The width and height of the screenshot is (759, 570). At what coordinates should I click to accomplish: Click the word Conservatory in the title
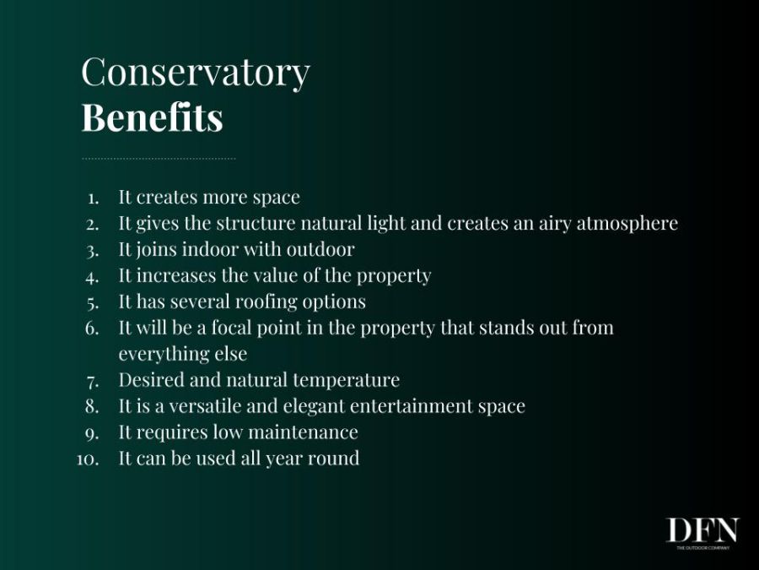pyautogui.click(x=196, y=73)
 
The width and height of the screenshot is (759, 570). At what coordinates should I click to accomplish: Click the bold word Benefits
pyautogui.click(x=153, y=117)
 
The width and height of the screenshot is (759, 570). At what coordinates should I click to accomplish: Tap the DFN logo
pyautogui.click(x=702, y=533)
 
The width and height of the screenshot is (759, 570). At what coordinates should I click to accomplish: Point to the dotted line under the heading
pyautogui.click(x=159, y=159)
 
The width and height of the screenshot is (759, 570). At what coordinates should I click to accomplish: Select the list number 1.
pyautogui.click(x=94, y=198)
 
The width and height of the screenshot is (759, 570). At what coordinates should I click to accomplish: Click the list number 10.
pyautogui.click(x=88, y=459)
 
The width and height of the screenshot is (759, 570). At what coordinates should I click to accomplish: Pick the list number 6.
pyautogui.click(x=92, y=328)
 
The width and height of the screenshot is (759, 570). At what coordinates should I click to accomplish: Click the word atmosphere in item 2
pyautogui.click(x=627, y=224)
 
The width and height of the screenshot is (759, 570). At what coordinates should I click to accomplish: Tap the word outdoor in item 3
pyautogui.click(x=320, y=249)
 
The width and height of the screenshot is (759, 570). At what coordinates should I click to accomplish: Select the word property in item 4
pyautogui.click(x=394, y=276)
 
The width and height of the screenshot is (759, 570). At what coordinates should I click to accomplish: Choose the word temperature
pyautogui.click(x=346, y=380)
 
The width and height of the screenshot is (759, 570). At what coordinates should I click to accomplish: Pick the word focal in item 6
pyautogui.click(x=231, y=328)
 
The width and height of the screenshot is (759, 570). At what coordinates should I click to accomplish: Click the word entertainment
pyautogui.click(x=412, y=406)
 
